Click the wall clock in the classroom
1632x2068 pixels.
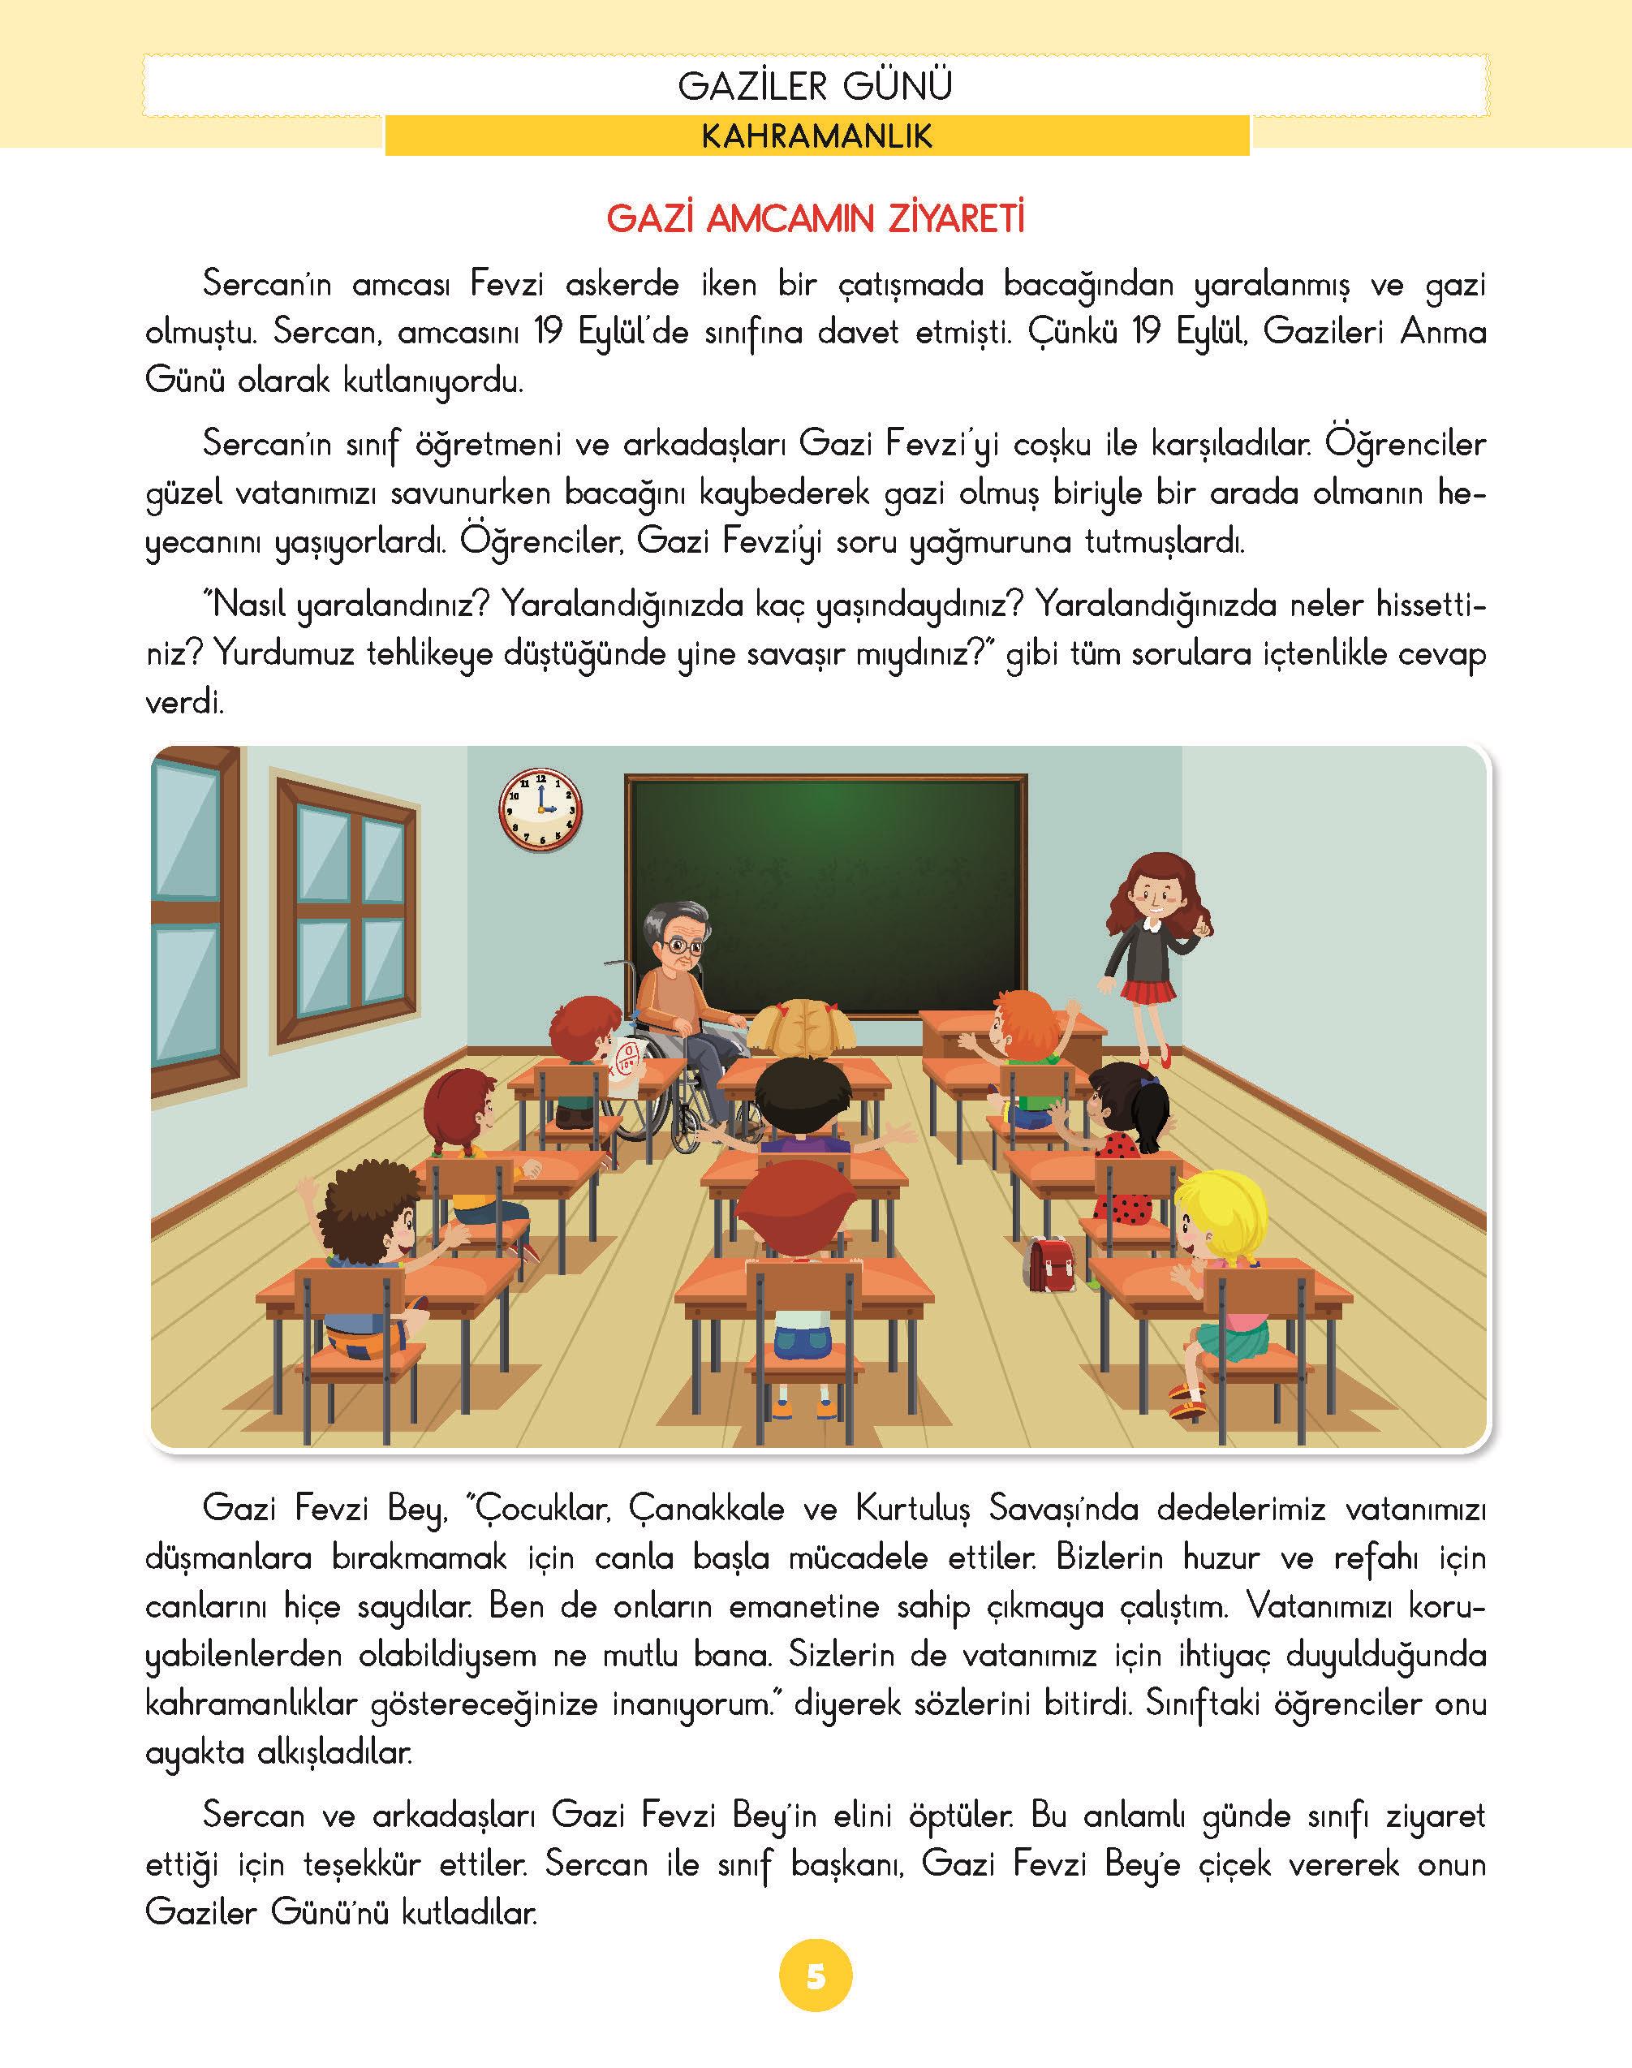click(x=540, y=808)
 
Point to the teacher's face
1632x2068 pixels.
click(x=1147, y=890)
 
